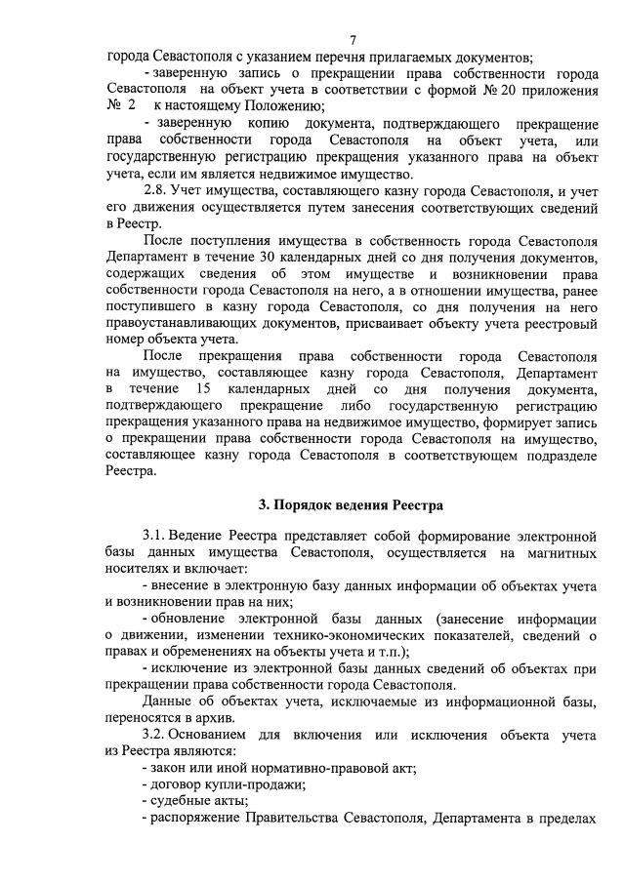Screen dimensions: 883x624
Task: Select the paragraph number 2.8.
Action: click(157, 188)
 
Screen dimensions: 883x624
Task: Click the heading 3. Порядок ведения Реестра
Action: click(350, 505)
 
